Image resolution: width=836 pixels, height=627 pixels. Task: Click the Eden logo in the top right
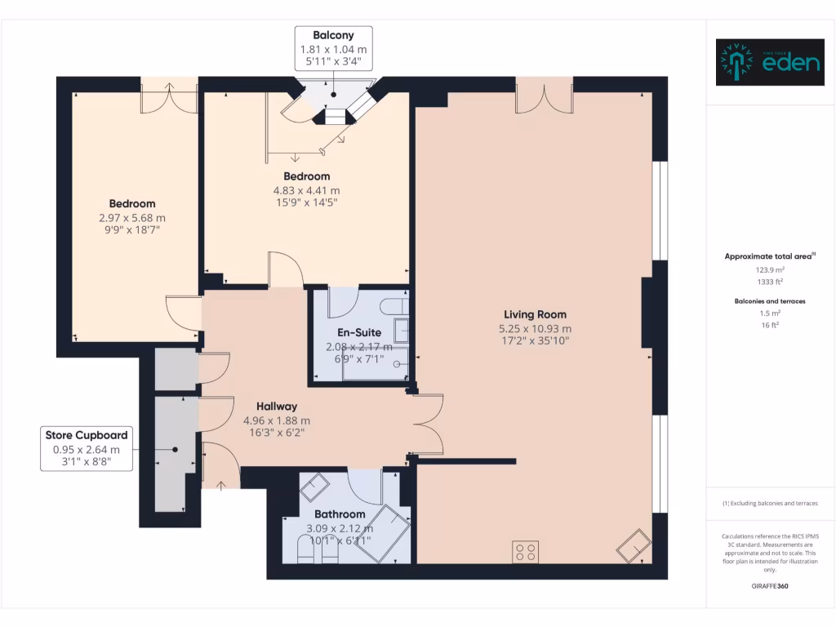(770, 63)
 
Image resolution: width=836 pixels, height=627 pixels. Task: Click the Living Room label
(535, 314)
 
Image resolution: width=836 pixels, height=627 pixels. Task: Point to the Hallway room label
(277, 406)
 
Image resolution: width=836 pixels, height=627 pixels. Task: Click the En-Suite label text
(359, 332)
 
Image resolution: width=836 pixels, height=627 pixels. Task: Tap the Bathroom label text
(340, 514)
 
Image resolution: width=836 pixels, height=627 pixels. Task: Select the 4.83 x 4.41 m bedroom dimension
(306, 190)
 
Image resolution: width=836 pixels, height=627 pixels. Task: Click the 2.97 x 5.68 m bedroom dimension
(132, 218)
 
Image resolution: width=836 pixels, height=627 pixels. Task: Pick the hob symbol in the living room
(525, 552)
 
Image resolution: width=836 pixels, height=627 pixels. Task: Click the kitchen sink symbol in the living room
(633, 545)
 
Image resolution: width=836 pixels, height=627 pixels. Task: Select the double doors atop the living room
(544, 96)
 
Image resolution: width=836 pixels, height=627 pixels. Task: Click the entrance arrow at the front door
(221, 486)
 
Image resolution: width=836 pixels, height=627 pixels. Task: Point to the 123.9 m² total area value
(770, 269)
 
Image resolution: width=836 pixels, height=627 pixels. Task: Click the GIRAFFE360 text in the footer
(770, 585)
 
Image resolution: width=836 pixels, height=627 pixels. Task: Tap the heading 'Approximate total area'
(770, 256)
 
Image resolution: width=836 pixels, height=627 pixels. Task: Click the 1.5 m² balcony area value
(770, 313)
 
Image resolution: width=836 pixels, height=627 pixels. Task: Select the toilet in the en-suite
(396, 307)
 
